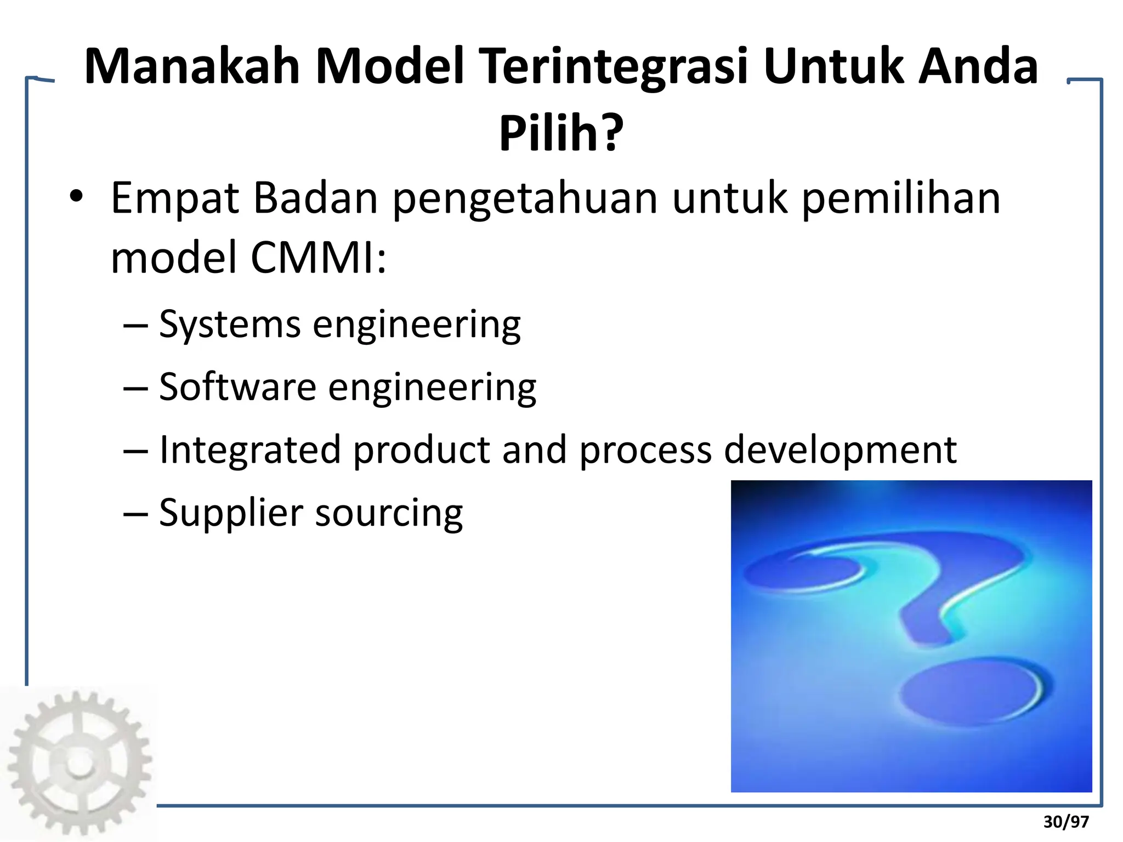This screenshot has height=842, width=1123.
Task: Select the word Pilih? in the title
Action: pyautogui.click(x=561, y=133)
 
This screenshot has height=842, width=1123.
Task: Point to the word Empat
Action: pyautogui.click(x=175, y=198)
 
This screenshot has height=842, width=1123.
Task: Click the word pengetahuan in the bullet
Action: pyautogui.click(x=525, y=198)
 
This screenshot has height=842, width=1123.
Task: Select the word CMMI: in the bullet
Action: pyautogui.click(x=318, y=258)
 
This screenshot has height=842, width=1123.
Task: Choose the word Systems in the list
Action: pyautogui.click(x=230, y=325)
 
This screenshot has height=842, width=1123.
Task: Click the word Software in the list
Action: pyautogui.click(x=237, y=387)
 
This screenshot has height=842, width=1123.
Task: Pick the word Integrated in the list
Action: pyautogui.click(x=249, y=450)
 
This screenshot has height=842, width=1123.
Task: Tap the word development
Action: pyautogui.click(x=840, y=450)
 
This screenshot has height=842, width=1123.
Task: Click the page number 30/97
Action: pyautogui.click(x=1066, y=822)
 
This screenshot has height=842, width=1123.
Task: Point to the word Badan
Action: pyautogui.click(x=315, y=198)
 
